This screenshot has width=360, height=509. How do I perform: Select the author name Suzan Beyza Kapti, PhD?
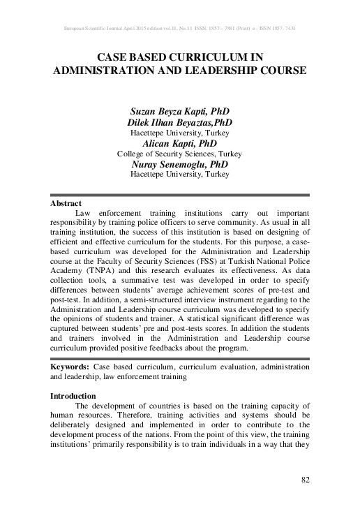(x=180, y=112)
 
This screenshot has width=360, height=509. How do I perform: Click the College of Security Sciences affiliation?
(x=180, y=152)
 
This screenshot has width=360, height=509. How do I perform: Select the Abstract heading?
(x=66, y=203)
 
